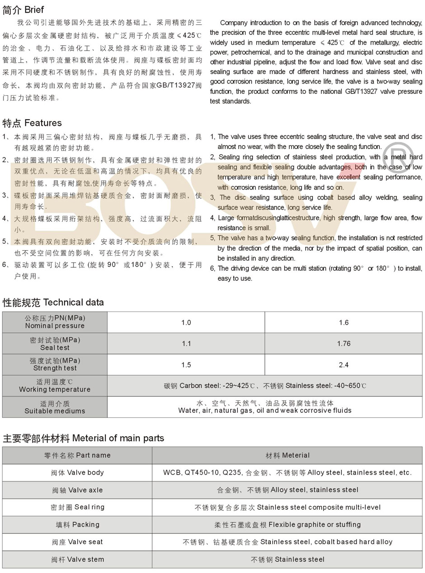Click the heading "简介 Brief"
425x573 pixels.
24,9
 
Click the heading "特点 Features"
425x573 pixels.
32,123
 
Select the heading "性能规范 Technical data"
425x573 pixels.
53,302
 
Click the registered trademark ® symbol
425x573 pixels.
398,156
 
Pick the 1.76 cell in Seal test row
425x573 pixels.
344,344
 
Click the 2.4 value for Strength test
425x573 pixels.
344,365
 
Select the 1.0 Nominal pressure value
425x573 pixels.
186,322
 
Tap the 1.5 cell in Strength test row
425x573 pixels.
186,365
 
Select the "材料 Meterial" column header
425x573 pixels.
288,455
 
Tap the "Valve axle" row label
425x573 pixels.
77,490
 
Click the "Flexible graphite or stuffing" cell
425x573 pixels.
288,525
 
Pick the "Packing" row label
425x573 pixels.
77,525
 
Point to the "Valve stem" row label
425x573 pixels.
77,559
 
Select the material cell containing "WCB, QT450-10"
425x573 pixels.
288,473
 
